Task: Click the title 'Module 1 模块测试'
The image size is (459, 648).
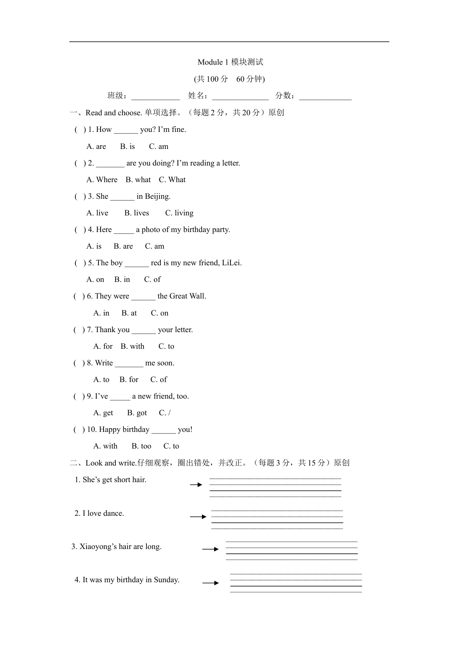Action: [x=230, y=62]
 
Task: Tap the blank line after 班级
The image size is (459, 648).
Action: [x=155, y=97]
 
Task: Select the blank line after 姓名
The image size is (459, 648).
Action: [x=240, y=97]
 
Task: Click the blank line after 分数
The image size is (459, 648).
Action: [x=325, y=97]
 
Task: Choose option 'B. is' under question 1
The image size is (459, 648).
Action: [x=127, y=146]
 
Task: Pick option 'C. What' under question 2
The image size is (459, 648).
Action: [x=172, y=180]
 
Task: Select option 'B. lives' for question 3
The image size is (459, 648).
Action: [x=136, y=213]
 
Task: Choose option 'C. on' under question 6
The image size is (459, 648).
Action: [x=159, y=313]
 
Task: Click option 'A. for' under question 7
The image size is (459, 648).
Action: [x=103, y=346]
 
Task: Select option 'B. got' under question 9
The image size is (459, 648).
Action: [x=137, y=413]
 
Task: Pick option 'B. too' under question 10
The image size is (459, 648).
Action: [x=141, y=446]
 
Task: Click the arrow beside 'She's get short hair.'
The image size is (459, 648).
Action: [x=196, y=485]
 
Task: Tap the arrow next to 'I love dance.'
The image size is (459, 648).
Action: [x=198, y=516]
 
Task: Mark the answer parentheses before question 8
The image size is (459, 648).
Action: [x=79, y=363]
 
